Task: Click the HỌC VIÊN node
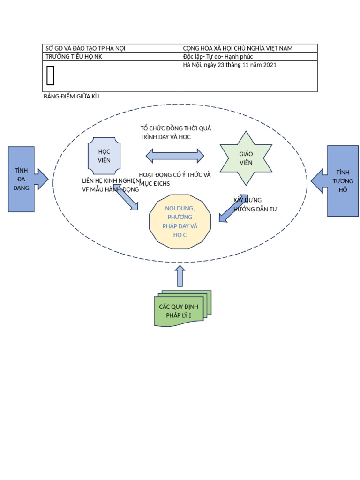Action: pos(104,156)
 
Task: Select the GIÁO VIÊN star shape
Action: pos(246,158)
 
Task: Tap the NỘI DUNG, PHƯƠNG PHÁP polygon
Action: pos(180,221)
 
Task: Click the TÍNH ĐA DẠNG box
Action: pos(21,179)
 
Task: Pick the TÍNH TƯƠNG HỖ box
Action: pos(343,181)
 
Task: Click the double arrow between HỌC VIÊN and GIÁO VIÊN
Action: pos(175,156)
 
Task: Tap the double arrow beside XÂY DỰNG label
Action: pos(233,208)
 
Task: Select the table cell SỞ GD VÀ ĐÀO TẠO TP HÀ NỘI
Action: pos(85,48)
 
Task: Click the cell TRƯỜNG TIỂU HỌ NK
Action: pos(74,57)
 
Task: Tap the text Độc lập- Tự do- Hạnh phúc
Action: pos(218,57)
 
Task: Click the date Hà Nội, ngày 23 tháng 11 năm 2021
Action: pos(230,65)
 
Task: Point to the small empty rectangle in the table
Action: pos(51,76)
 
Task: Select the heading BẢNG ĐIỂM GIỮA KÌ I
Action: pos(71,97)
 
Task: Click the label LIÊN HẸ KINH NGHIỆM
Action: pos(111,180)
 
